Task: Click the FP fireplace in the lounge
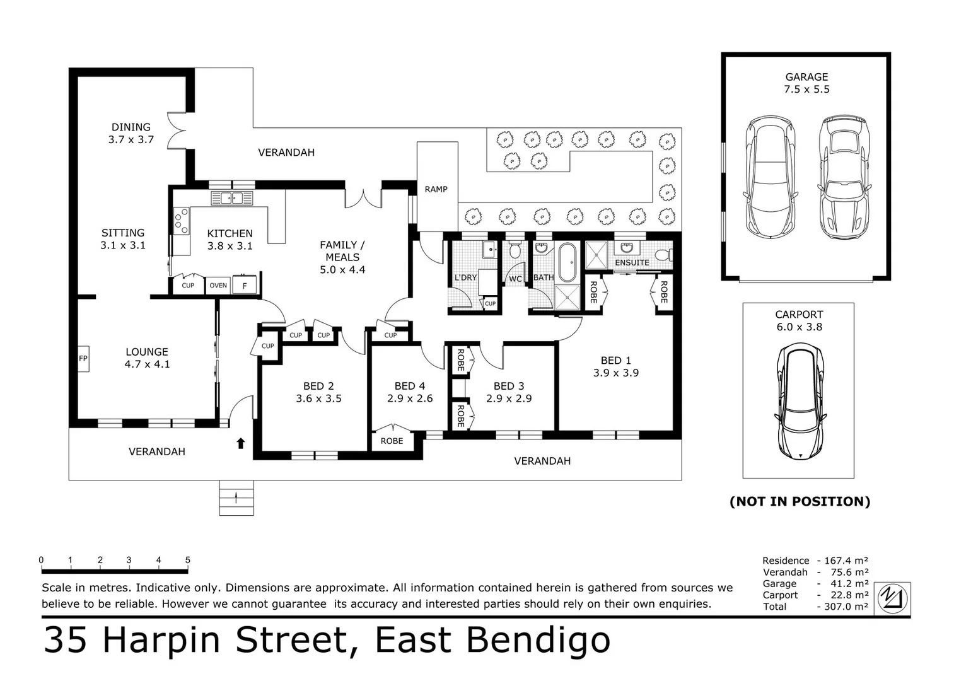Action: click(x=83, y=359)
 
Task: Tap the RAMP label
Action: click(x=436, y=189)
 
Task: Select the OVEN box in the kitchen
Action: click(x=218, y=285)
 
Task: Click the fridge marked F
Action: click(x=245, y=286)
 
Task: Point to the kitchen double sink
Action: click(x=231, y=199)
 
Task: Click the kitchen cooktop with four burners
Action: click(x=181, y=221)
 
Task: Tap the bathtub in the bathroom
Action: click(x=567, y=262)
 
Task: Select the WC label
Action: click(x=515, y=279)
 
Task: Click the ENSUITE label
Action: click(x=631, y=262)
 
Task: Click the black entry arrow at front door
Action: click(x=240, y=443)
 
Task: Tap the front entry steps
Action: click(x=236, y=498)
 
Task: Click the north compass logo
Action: click(x=894, y=597)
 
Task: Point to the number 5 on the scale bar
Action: click(x=187, y=560)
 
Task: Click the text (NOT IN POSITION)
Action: click(x=800, y=501)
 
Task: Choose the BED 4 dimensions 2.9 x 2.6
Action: click(x=410, y=399)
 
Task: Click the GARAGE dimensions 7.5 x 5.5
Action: click(x=806, y=90)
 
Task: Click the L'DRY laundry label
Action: click(x=465, y=277)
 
